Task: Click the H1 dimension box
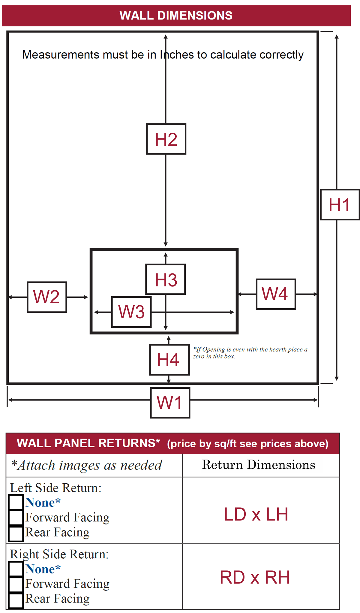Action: (x=340, y=205)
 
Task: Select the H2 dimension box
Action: (x=166, y=139)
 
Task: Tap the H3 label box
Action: (x=166, y=279)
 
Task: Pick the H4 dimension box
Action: (x=169, y=360)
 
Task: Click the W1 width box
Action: (x=170, y=403)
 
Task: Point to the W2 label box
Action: (x=47, y=297)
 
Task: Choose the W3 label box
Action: (x=131, y=312)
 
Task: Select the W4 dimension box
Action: (x=276, y=294)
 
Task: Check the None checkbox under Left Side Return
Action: (x=16, y=502)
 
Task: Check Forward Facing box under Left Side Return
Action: (x=16, y=517)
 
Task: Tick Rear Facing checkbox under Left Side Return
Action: (x=16, y=533)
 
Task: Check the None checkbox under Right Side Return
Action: (x=16, y=569)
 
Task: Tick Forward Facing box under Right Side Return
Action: (x=16, y=584)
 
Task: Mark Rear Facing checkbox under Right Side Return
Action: (x=16, y=599)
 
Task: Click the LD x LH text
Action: (x=256, y=514)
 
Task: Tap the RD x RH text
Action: (x=255, y=577)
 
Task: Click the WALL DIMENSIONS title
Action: (x=176, y=16)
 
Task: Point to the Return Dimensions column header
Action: (x=259, y=465)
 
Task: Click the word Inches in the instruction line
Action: (x=177, y=55)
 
